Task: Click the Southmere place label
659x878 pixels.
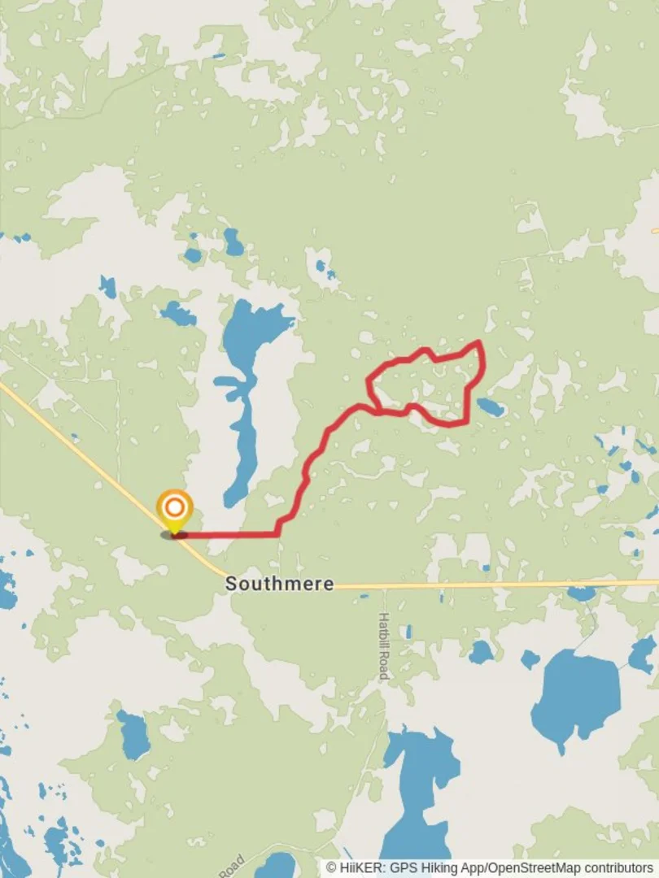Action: click(x=279, y=584)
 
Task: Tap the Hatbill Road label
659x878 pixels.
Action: click(x=383, y=645)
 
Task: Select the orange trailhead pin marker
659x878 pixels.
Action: click(x=174, y=508)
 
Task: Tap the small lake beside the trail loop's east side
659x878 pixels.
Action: click(x=490, y=407)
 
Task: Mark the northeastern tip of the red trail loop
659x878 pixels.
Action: click(x=480, y=343)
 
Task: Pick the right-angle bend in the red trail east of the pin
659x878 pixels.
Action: click(x=277, y=534)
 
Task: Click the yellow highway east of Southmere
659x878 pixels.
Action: click(x=488, y=584)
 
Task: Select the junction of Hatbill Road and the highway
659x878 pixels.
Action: click(x=382, y=585)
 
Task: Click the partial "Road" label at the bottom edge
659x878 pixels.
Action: click(x=231, y=865)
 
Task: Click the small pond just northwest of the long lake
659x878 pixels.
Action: click(x=178, y=314)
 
